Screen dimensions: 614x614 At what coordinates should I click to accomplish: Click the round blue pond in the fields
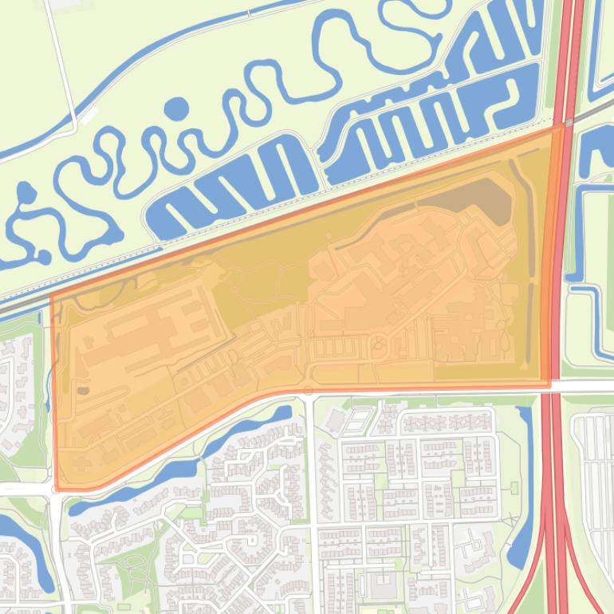(x=177, y=108)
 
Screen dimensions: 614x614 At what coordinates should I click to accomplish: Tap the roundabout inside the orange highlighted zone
(x=378, y=345)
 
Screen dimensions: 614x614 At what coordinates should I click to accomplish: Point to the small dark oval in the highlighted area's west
(x=82, y=391)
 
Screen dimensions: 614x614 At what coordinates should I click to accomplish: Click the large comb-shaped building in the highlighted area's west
(x=144, y=327)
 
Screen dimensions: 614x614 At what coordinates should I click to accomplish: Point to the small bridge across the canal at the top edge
(x=250, y=13)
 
